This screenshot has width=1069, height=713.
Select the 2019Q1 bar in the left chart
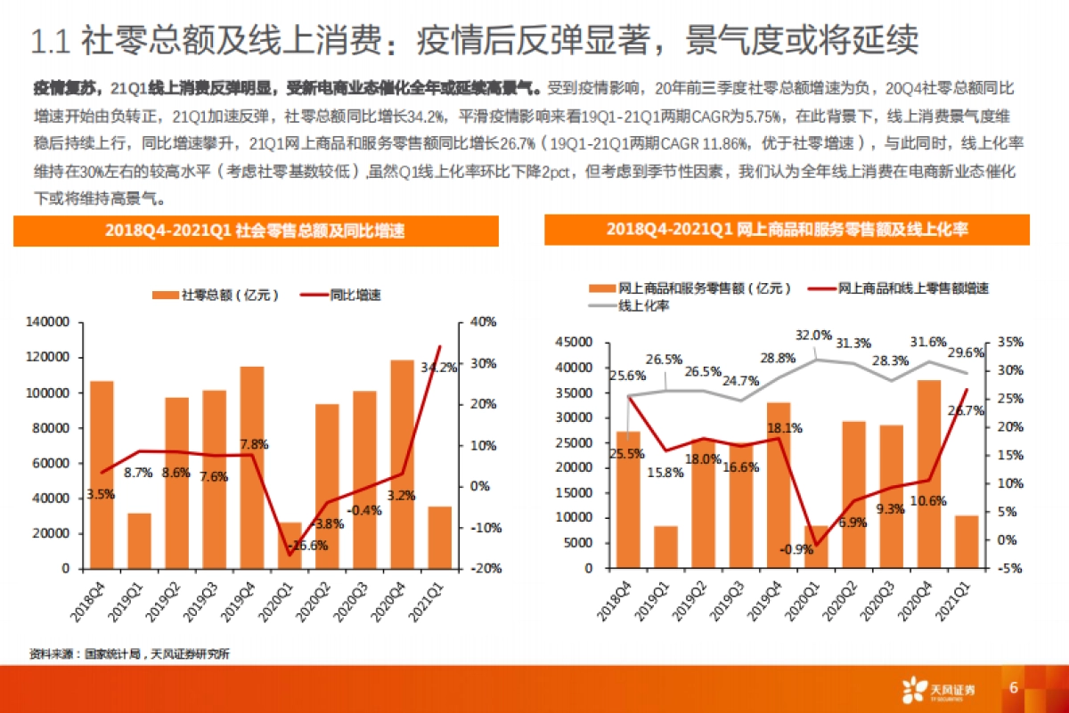pos(139,540)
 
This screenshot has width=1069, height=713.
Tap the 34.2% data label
pos(439,367)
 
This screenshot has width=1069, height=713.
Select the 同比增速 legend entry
pos(343,295)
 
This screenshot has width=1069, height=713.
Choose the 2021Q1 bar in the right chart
pos(967,541)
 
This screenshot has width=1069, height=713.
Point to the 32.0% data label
pos(813,336)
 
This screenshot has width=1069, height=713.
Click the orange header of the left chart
pos(256,231)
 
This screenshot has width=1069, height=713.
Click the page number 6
pos(1014,688)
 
